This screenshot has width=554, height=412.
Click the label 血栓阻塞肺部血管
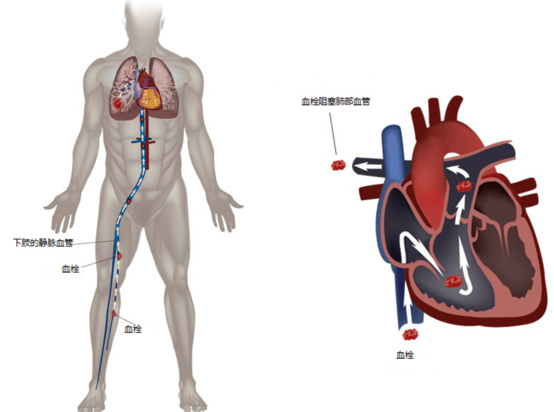coord(335,102)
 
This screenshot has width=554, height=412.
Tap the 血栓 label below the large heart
coord(405,355)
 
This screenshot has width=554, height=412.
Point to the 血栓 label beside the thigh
coord(70,268)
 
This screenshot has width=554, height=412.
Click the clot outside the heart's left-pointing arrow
coord(338,165)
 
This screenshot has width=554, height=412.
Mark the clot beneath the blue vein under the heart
coord(410,335)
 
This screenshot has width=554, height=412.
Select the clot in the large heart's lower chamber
coord(454,281)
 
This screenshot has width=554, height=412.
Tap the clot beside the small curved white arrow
coord(465,186)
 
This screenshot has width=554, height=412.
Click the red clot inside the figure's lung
coord(119,104)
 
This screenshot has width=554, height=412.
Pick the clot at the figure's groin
coord(129,202)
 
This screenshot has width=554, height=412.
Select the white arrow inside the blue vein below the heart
coord(409,310)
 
